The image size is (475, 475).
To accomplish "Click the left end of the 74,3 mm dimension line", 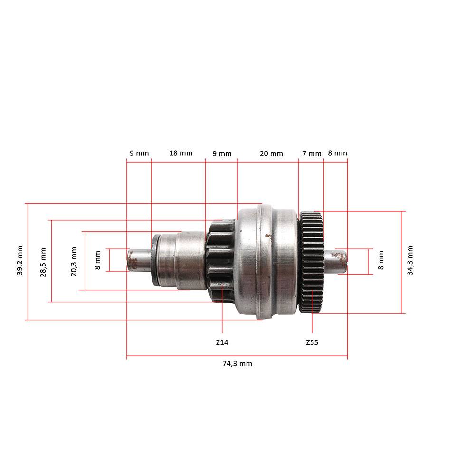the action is pos(127,356).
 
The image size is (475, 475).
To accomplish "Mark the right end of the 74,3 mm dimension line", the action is pos(348,356).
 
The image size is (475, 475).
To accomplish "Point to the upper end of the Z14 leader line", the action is pos(222,285).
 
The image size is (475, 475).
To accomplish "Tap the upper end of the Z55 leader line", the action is pos(312,290).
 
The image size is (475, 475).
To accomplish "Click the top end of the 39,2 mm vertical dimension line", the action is pos(28,203).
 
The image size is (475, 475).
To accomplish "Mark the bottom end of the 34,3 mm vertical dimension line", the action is pos(401,313).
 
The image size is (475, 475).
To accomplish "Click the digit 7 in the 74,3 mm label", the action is pos(225,363).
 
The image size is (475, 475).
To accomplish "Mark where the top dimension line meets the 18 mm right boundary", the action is pos(205,162).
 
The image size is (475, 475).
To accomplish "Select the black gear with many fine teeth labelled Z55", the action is pos(312,262).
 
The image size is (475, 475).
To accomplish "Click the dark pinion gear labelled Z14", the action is pos(220,261).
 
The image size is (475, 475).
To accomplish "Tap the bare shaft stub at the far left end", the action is pos(139,260).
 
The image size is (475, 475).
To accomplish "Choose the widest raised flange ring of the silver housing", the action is pos(265,262).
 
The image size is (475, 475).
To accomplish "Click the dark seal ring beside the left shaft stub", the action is pos(155,260).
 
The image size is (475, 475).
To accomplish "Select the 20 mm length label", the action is pos(271,153).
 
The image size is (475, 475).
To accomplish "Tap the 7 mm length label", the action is pos(312,153).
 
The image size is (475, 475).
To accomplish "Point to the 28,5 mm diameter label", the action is pos(43,262).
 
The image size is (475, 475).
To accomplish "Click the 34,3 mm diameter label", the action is pos(410,260).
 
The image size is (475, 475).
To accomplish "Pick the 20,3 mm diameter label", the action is pos(74,262).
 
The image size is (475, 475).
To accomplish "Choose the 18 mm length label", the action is pos(181,153).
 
